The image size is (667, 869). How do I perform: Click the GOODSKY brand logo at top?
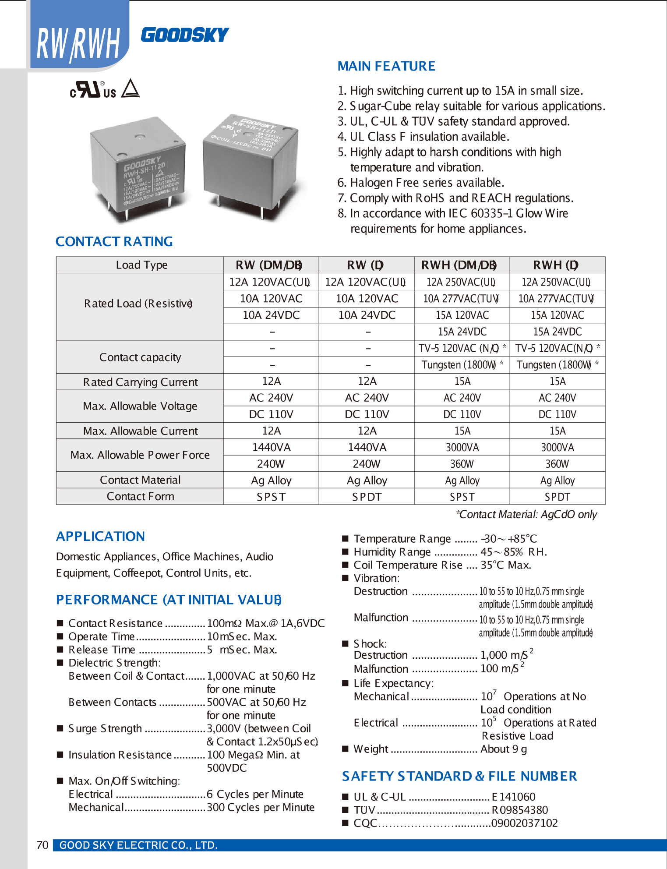tap(184, 35)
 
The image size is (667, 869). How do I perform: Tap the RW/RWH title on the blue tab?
tap(78, 44)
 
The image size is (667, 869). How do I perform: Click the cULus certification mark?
tap(93, 89)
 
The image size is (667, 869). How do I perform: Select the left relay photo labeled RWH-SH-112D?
tap(138, 169)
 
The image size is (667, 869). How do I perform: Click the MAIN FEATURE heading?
tap(386, 66)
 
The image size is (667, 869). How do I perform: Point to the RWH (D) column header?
tap(557, 265)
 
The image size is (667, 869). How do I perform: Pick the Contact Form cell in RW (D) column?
tap(367, 497)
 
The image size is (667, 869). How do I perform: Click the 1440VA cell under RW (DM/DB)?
tap(271, 447)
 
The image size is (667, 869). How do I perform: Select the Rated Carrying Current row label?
tap(140, 382)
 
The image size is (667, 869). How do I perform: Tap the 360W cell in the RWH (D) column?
tap(557, 464)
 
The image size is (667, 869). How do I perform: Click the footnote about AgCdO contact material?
tap(526, 514)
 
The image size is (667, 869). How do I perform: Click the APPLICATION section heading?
tap(100, 536)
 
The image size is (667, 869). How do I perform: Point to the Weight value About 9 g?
tap(504, 749)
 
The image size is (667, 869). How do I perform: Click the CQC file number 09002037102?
tap(524, 823)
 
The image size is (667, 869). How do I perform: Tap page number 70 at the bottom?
tap(42, 845)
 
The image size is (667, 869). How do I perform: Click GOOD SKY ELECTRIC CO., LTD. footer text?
tap(138, 845)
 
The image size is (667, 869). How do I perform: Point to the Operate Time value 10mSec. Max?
tap(242, 636)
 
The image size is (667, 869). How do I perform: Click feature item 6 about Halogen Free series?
tap(421, 183)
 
